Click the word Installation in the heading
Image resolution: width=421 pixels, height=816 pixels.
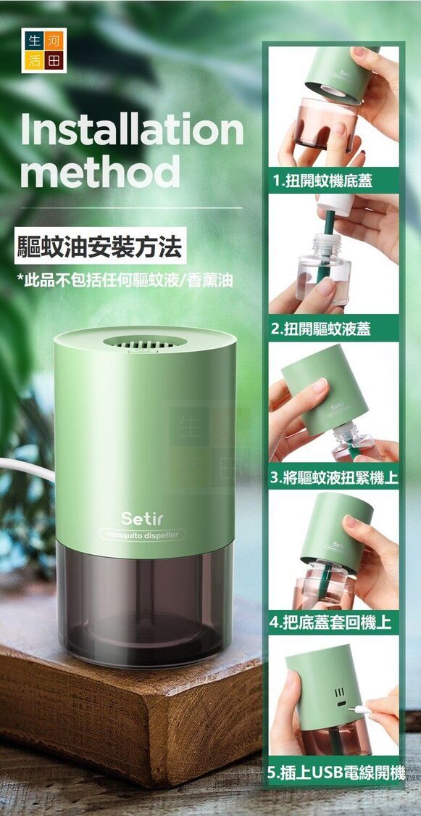tap(132, 128)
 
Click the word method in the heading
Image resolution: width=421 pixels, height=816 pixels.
tap(100, 171)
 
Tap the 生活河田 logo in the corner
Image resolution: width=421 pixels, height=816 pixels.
tap(43, 51)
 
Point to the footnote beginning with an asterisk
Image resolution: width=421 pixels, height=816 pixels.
tap(125, 281)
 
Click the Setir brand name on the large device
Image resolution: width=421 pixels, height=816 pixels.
tap(143, 519)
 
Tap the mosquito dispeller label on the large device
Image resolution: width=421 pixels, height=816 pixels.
tap(142, 535)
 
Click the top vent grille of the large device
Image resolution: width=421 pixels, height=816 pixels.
tap(144, 342)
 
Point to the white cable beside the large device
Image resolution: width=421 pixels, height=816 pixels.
tap(27, 467)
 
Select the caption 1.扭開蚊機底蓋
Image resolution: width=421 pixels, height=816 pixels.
tap(322, 181)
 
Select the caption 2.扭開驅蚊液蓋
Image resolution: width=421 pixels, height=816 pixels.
tap(322, 329)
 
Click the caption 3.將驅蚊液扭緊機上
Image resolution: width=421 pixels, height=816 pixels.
tap(334, 478)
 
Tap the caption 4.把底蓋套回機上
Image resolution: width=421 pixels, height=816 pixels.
tap(331, 622)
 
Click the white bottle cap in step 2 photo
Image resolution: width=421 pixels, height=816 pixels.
tap(335, 204)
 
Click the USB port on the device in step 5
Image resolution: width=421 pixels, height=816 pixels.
tap(341, 704)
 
